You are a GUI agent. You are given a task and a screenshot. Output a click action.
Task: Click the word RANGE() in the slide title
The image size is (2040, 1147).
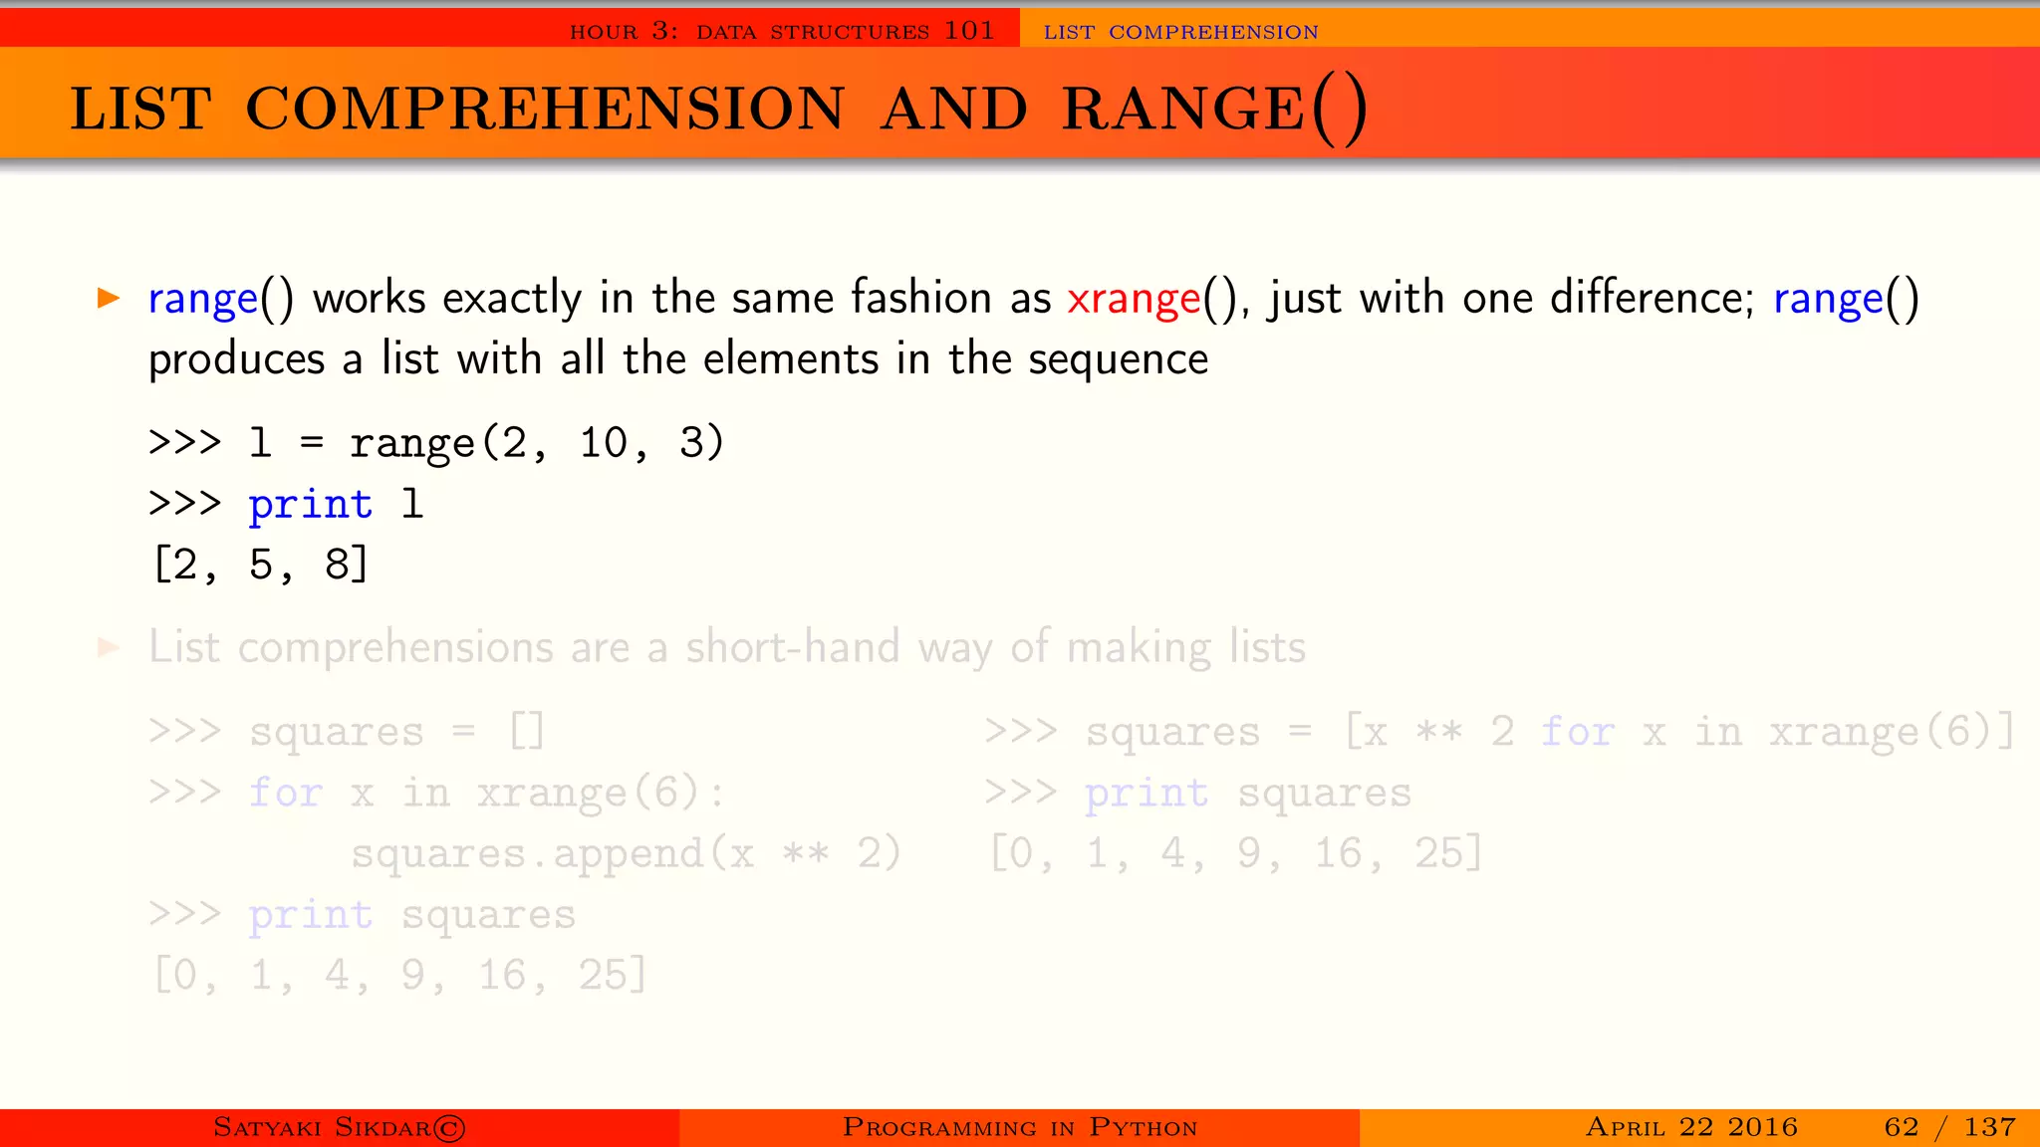pos(1214,109)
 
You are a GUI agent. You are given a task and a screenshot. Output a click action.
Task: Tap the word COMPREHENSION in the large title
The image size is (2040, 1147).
pos(545,109)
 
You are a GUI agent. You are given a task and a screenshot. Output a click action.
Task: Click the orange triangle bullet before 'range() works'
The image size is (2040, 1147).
pos(109,298)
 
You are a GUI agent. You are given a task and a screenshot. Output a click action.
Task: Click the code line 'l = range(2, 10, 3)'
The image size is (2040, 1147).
pos(486,443)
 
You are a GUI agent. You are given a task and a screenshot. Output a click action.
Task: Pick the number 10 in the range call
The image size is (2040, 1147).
pos(604,443)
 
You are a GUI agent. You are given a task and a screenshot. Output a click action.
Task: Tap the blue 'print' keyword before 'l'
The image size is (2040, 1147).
pos(311,504)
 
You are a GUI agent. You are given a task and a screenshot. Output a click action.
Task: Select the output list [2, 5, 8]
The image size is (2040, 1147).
pos(261,565)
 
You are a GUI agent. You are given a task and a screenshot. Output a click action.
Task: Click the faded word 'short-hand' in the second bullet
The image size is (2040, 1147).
pos(792,647)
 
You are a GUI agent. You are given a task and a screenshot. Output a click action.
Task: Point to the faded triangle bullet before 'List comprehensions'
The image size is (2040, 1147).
pos(109,648)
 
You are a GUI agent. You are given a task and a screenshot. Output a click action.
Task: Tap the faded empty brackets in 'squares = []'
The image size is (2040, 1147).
pos(527,732)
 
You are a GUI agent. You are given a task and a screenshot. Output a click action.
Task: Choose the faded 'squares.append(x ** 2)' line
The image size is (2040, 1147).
pos(626,854)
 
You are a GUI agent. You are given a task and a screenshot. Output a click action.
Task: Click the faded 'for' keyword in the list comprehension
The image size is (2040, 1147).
pos(1577,732)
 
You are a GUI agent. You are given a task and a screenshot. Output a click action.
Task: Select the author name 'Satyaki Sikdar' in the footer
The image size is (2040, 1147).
pos(339,1127)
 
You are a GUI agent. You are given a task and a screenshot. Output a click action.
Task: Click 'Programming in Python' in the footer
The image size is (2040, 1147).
pos(1020,1127)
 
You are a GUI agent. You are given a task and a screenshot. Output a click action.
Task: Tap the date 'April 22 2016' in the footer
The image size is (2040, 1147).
pos(1691,1127)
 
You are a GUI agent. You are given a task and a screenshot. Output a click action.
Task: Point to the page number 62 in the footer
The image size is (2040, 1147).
pos(1901,1127)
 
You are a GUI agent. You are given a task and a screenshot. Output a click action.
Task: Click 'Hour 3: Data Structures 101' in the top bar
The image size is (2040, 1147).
pos(782,31)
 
